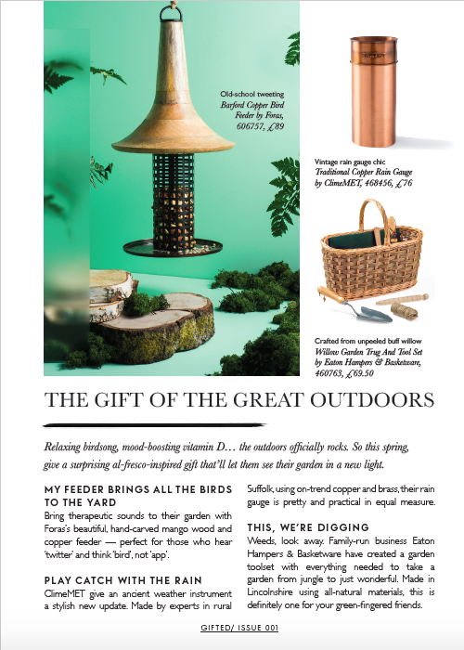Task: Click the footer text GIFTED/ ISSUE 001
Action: point(231,628)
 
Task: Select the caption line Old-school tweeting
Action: point(251,95)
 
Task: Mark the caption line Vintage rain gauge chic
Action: point(358,162)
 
